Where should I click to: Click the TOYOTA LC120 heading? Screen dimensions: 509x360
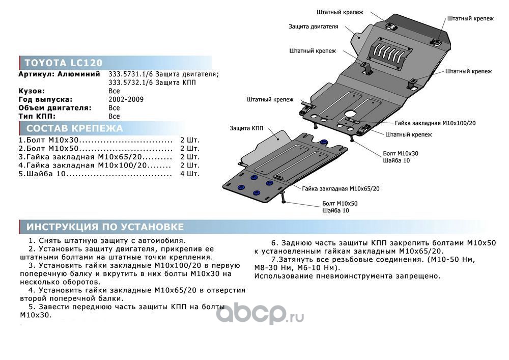point(64,63)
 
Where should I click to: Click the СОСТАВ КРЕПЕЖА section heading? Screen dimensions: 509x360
point(75,128)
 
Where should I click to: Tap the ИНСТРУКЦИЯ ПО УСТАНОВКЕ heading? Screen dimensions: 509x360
point(105,227)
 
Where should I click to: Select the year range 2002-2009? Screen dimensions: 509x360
point(126,99)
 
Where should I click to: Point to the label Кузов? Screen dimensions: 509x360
point(32,91)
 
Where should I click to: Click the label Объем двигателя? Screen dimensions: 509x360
point(55,108)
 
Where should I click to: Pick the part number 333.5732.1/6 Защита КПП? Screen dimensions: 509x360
point(152,82)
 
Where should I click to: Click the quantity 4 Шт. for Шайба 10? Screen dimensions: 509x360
point(190,174)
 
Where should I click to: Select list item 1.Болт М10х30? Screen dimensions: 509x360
point(49,140)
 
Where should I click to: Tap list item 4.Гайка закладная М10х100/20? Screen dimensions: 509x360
point(83,165)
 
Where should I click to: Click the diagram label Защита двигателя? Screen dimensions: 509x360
point(313,26)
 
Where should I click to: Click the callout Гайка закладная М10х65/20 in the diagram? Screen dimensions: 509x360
point(341,188)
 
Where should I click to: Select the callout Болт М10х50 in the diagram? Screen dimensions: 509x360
point(340,204)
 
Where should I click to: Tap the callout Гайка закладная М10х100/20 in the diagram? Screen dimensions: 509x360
point(435,123)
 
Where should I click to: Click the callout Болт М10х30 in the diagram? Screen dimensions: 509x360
point(401,154)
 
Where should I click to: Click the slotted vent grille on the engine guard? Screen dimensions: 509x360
point(390,53)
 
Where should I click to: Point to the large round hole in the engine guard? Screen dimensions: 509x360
point(351,114)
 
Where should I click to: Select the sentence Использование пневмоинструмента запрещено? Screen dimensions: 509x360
point(347,276)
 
